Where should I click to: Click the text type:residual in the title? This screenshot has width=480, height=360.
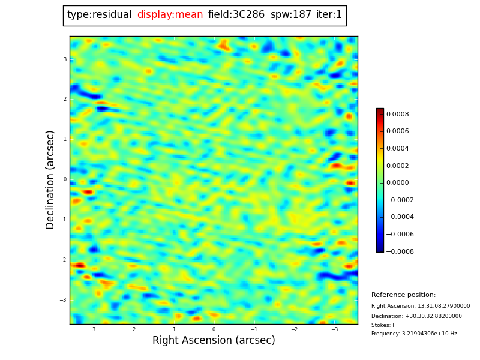pyautogui.click(x=99, y=15)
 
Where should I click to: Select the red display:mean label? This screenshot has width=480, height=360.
pyautogui.click(x=170, y=15)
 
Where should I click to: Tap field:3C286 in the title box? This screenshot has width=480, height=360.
pyautogui.click(x=236, y=15)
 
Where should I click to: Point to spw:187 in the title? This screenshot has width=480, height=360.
pyautogui.click(x=290, y=15)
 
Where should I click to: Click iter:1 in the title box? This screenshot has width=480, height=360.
pyautogui.click(x=329, y=15)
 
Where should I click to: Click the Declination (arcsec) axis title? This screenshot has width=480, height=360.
pyautogui.click(x=50, y=179)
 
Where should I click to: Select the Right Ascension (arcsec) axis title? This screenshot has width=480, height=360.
pyautogui.click(x=214, y=341)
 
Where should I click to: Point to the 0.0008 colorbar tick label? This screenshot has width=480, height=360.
pyautogui.click(x=397, y=114)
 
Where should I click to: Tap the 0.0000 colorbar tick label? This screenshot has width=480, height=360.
pyautogui.click(x=397, y=183)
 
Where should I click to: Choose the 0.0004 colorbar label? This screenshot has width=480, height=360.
pyautogui.click(x=397, y=149)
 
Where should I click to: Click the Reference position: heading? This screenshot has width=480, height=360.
pyautogui.click(x=403, y=295)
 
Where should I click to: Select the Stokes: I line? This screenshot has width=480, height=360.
pyautogui.click(x=383, y=325)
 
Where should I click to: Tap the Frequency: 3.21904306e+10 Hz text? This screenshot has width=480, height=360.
pyautogui.click(x=414, y=334)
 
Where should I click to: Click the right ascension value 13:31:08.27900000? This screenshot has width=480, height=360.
pyautogui.click(x=443, y=306)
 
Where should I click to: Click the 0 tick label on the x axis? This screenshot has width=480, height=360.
pyautogui.click(x=214, y=329)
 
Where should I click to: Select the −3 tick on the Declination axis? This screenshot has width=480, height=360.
pyautogui.click(x=64, y=300)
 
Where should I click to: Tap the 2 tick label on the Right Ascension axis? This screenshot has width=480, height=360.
pyautogui.click(x=134, y=329)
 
